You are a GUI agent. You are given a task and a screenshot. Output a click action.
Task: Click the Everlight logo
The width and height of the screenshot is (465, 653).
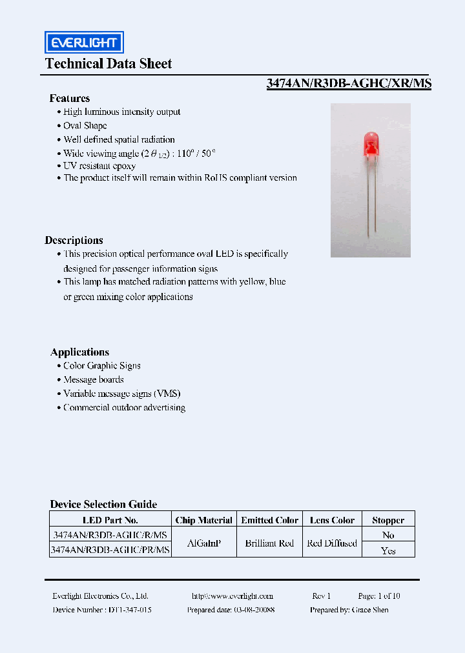point(84,43)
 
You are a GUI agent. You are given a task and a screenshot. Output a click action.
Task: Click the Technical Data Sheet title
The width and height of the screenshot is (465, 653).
point(108,64)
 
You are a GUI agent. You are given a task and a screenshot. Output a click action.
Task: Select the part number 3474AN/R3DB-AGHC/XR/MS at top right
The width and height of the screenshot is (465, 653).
point(349,83)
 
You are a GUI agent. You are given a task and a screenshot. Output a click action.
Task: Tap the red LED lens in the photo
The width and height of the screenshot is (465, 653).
point(371,143)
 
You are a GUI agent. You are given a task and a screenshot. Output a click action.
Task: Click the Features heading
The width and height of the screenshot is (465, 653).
point(70,99)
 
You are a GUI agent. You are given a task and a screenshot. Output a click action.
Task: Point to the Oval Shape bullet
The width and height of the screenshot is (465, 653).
point(85,126)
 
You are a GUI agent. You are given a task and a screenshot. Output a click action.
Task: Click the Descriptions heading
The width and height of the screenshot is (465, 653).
point(74,240)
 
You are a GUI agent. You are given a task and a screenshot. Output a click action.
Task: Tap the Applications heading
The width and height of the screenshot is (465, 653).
point(79,352)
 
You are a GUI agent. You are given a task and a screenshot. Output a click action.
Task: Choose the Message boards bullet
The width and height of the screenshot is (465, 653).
point(93,379)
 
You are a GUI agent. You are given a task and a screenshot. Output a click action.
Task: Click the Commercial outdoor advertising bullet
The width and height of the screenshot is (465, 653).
point(124,408)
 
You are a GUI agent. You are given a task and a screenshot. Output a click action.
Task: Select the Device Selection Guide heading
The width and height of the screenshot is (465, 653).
point(103,505)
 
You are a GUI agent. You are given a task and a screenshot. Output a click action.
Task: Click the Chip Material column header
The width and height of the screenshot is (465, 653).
point(203,520)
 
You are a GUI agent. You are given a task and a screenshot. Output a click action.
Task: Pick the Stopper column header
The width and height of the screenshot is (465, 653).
point(388,520)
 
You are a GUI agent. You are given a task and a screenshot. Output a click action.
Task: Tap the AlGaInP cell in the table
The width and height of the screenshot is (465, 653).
point(203,543)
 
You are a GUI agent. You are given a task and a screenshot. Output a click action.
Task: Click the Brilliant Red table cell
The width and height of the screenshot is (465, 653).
point(269,543)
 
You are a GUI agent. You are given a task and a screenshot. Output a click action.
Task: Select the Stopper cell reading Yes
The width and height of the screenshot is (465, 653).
point(388,550)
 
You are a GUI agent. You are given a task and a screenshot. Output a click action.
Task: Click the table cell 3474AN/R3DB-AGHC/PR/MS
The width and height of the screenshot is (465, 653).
point(110,550)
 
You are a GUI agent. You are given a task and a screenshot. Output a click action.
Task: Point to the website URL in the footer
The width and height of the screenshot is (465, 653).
point(232,596)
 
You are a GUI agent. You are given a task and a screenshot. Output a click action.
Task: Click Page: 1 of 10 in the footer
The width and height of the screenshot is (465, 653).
point(379,596)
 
